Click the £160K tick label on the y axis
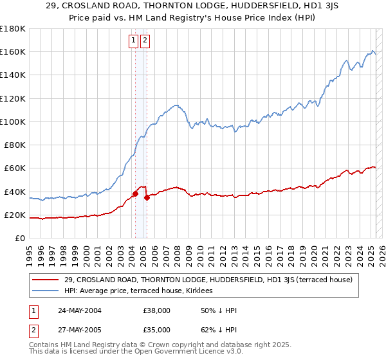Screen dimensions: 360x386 [13, 51]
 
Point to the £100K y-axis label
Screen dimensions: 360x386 [13, 122]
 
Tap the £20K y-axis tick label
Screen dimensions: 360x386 [15, 215]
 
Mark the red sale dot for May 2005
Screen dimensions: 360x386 [147, 197]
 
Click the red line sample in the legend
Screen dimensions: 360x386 [46, 280]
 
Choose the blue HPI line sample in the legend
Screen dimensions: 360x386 [46, 291]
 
